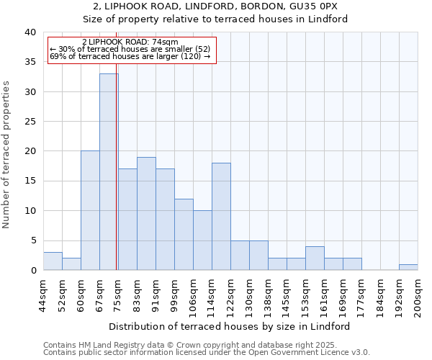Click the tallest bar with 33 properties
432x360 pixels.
(x=109, y=172)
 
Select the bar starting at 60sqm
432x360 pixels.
(x=90, y=210)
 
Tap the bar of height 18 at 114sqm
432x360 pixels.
(x=221, y=216)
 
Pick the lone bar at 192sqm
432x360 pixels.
(x=408, y=267)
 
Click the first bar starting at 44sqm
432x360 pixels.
(x=53, y=261)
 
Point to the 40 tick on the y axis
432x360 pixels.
(x=30, y=32)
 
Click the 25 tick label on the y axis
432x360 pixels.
(x=30, y=122)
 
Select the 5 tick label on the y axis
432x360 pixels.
(x=33, y=240)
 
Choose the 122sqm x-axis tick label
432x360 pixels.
(x=230, y=295)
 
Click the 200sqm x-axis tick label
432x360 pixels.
(x=418, y=295)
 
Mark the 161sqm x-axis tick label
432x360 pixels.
(x=324, y=295)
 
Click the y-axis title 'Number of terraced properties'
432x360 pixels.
(x=7, y=154)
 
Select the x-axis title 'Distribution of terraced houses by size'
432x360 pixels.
(x=230, y=326)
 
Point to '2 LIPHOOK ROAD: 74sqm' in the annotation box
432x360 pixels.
(x=130, y=42)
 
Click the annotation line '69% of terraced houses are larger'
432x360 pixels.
(x=130, y=56)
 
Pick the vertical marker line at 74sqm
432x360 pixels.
(x=117, y=180)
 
